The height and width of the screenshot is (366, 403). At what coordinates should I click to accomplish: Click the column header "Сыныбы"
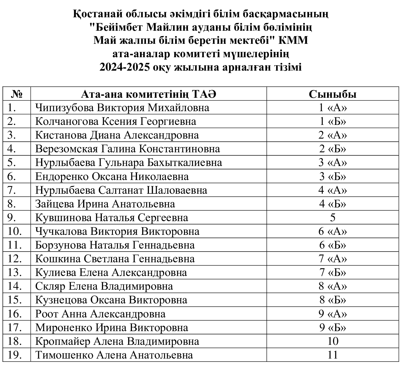332,94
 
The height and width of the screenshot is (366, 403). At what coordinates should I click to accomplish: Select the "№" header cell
17,94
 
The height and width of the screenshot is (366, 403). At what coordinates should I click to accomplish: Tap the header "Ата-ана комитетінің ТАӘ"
148,94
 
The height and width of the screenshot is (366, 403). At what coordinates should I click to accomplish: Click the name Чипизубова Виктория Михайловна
122,108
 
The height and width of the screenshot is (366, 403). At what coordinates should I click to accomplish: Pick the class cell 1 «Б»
332,121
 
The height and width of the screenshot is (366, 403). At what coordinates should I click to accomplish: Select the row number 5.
12,162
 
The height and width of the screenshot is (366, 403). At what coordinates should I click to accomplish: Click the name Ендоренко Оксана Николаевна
112,176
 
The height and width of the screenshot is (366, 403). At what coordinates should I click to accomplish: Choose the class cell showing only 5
332,218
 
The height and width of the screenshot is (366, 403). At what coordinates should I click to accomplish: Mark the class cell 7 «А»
332,259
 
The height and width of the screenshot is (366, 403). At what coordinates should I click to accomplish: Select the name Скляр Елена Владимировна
104,286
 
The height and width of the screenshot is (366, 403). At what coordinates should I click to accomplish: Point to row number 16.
14,314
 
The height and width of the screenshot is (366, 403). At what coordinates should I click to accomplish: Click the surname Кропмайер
62,341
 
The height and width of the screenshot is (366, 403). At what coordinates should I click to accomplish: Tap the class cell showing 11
332,355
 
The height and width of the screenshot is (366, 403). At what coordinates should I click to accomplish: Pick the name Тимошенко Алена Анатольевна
114,355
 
